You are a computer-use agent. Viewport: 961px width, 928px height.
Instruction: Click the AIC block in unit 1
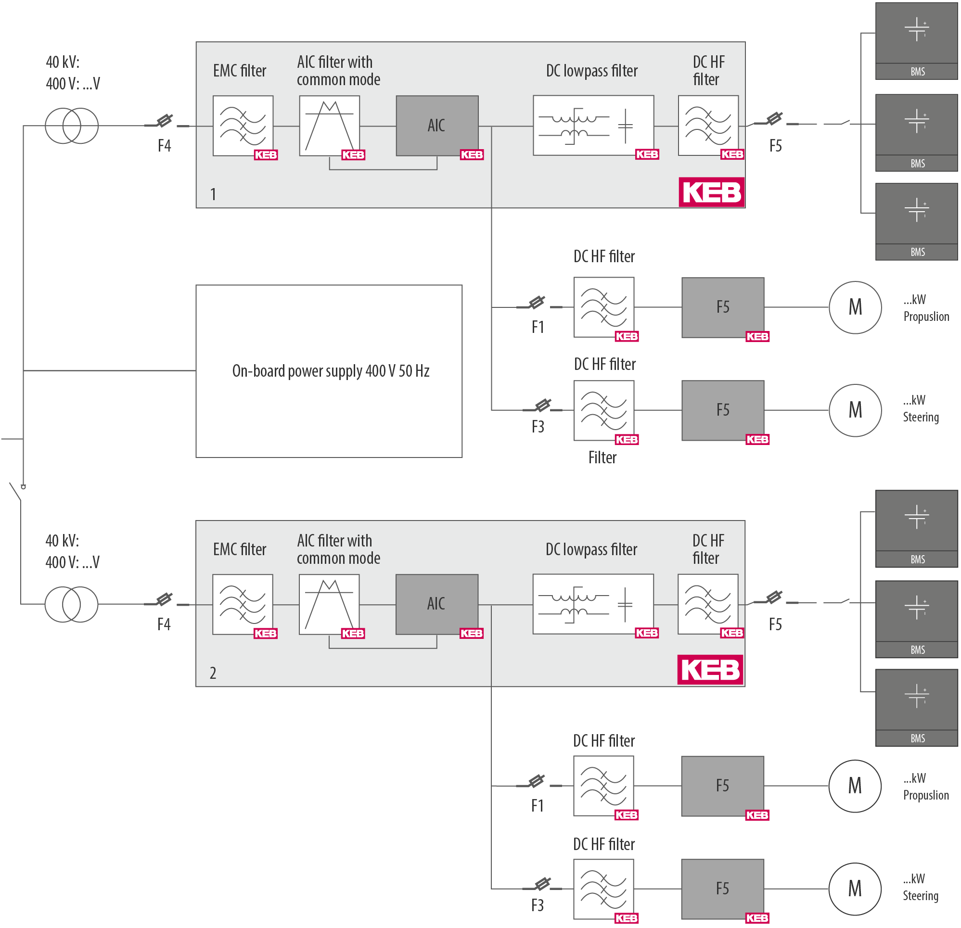coord(437,126)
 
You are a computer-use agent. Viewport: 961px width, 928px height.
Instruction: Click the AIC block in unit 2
coord(436,604)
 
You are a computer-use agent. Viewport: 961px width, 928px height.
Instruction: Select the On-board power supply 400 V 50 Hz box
coord(329,371)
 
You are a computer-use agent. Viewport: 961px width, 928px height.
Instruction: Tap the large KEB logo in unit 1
coord(711,192)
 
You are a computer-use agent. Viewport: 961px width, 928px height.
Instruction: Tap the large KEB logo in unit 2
coord(710,670)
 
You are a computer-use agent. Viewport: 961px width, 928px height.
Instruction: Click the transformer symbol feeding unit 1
coord(72,126)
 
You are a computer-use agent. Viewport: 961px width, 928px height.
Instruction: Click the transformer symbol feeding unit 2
coord(71,604)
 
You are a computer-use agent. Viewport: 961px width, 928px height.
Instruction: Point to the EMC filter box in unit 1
coord(243,126)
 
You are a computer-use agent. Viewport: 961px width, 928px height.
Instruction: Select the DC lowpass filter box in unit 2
coord(593,604)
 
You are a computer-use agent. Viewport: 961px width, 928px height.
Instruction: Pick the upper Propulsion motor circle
coord(855,307)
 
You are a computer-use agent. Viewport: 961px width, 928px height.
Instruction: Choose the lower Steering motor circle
coord(855,888)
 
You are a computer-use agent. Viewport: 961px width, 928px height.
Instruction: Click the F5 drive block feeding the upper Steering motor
coord(723,410)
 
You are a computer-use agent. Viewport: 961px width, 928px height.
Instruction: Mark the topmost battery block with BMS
coord(916,41)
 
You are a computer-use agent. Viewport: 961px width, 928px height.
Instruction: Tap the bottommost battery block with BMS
coord(916,707)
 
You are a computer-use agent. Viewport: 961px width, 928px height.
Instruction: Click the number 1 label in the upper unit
coord(213,195)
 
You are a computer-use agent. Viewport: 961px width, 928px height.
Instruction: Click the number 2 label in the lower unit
coord(213,673)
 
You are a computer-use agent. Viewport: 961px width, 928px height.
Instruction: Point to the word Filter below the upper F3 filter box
coord(602,458)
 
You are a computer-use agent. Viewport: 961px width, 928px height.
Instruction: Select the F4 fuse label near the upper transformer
coord(164,146)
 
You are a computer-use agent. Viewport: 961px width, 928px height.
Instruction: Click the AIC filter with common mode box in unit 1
coord(329,126)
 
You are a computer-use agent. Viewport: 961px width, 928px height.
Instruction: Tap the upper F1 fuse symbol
coord(537,303)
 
